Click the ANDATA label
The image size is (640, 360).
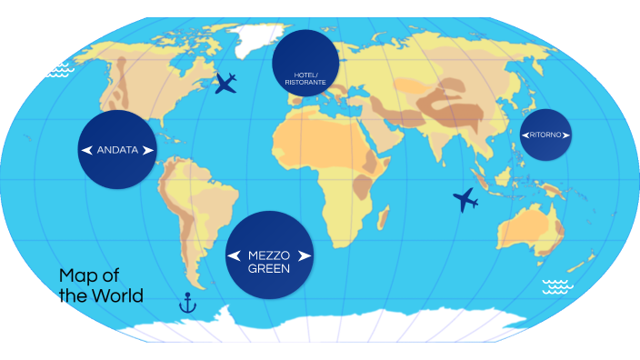(x=117, y=150)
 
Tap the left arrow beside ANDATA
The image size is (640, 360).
(x=86, y=150)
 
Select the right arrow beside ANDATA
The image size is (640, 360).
(x=148, y=150)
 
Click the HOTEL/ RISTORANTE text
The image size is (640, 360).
(x=305, y=77)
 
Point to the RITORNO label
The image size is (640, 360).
(x=545, y=135)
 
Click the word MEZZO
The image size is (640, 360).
(x=268, y=255)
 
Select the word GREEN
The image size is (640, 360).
(x=268, y=269)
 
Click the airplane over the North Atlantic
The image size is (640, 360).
(x=226, y=85)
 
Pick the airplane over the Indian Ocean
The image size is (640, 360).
(x=465, y=199)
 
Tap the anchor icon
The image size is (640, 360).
(x=188, y=302)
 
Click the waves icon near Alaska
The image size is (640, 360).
(x=59, y=69)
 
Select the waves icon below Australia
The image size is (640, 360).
(x=556, y=287)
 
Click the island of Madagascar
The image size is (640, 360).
(x=383, y=218)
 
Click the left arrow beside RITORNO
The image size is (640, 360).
(x=525, y=135)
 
